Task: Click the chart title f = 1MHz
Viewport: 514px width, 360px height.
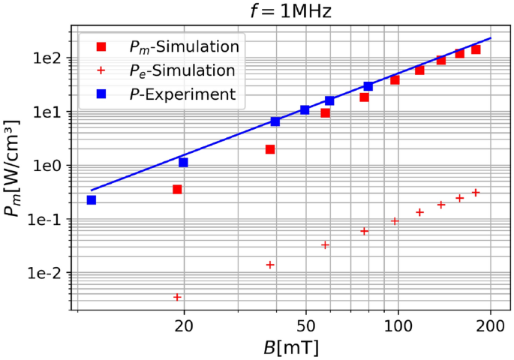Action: [281, 12]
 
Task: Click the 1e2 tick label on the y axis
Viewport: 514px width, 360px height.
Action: [49, 58]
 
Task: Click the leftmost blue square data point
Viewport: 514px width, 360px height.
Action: [92, 200]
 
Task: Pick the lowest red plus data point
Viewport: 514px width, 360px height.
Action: [177, 297]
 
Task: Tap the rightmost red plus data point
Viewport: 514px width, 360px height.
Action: [476, 193]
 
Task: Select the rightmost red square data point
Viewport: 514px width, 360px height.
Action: [476, 49]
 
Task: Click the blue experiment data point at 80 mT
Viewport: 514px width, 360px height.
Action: [368, 86]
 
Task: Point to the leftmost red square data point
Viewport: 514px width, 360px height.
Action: [177, 190]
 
